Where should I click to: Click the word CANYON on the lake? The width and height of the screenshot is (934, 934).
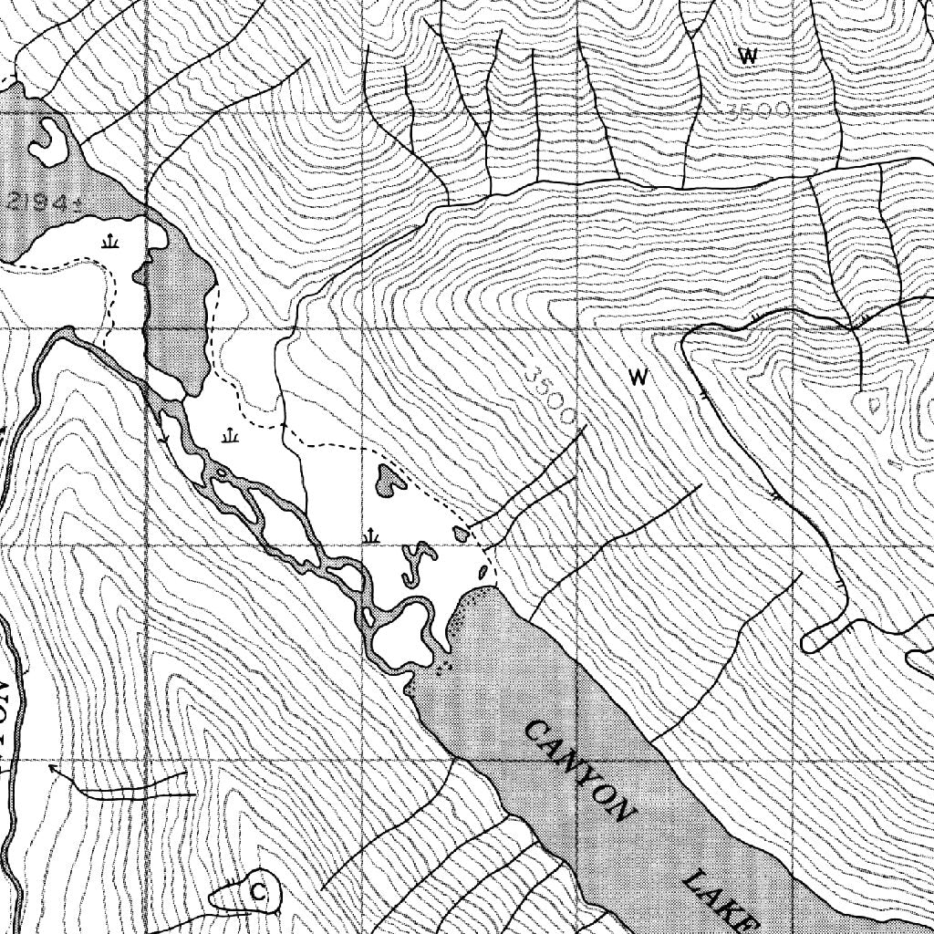pos(580,771)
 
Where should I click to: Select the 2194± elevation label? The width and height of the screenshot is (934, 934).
pos(36,202)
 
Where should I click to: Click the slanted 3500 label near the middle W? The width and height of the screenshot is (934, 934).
pos(553,394)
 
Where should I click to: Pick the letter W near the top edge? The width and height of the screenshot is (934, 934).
pos(748,56)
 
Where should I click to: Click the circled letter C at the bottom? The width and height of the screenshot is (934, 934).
pos(258,891)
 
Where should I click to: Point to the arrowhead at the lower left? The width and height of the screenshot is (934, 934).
pos(52,770)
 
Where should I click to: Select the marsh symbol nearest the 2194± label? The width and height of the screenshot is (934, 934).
pos(110,242)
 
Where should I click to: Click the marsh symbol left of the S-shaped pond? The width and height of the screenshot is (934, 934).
pos(370,534)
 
